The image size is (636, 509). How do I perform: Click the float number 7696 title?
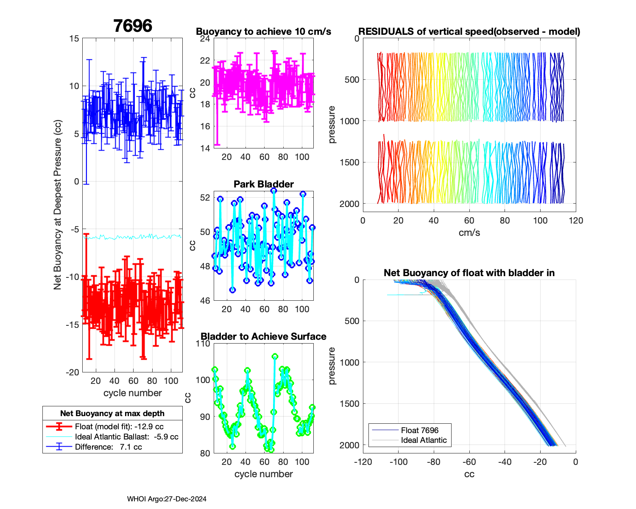[133, 26]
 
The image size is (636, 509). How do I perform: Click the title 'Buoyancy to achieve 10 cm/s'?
[263, 31]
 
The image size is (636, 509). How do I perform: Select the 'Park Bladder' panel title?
[263, 184]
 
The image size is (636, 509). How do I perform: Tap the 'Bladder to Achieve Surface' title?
[263, 336]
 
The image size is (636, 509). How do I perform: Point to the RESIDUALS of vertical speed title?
[469, 31]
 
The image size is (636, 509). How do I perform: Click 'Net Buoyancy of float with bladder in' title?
[469, 273]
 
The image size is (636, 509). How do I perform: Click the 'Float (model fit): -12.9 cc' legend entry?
[119, 427]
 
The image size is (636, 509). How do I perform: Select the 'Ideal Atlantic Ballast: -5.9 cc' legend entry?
[126, 437]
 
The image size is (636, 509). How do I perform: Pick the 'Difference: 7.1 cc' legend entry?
[108, 447]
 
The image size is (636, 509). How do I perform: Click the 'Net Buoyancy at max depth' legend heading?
[112, 413]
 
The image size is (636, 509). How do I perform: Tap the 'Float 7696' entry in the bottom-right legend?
[419, 430]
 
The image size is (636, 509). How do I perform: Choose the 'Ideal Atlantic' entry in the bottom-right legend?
[424, 440]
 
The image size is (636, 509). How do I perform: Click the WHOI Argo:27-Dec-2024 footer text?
[167, 499]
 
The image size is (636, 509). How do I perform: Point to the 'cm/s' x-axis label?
[469, 232]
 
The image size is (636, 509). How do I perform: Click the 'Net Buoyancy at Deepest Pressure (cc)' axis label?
[58, 205]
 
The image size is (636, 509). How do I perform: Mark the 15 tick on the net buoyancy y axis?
[74, 39]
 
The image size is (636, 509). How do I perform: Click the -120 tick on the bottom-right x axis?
[363, 462]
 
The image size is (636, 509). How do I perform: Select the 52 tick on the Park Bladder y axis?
[205, 197]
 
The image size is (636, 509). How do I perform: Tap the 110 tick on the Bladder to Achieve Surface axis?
[203, 344]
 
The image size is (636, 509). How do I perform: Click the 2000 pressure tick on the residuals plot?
[349, 204]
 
